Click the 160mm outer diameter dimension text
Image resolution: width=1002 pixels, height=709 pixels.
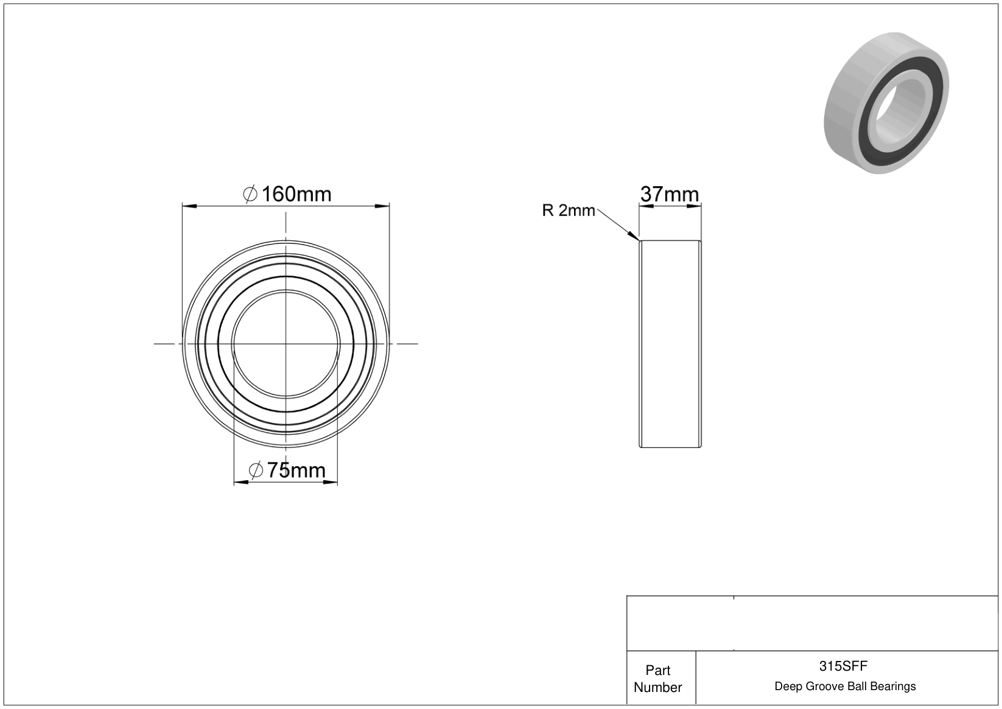pyautogui.click(x=296, y=194)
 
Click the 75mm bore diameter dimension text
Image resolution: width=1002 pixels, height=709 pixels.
pyautogui.click(x=296, y=470)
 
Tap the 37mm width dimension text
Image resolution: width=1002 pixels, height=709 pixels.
pyautogui.click(x=669, y=194)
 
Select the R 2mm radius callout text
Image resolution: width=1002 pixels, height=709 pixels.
pyautogui.click(x=569, y=210)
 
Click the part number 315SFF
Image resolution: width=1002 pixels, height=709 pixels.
pyautogui.click(x=843, y=666)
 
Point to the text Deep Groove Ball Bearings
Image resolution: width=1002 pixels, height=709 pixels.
pyautogui.click(x=845, y=686)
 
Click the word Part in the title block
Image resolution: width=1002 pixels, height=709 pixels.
pyautogui.click(x=657, y=670)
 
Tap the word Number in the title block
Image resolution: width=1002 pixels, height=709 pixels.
pyautogui.click(x=657, y=687)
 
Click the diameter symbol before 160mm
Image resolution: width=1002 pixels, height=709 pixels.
pyautogui.click(x=250, y=194)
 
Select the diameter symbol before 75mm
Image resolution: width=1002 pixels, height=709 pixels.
pyautogui.click(x=256, y=470)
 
